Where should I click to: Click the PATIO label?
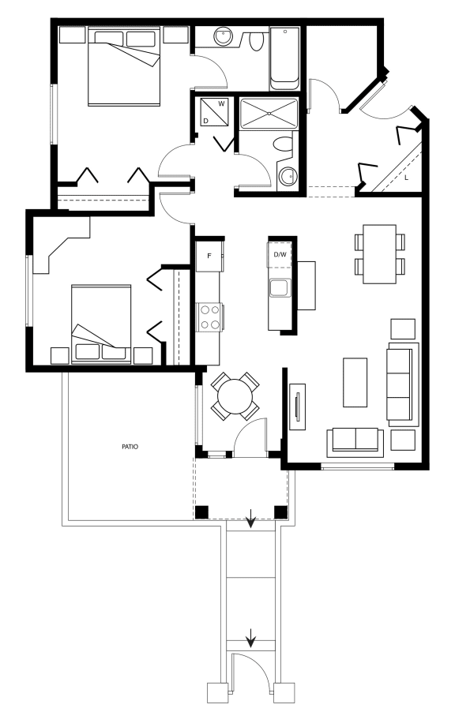click(x=130, y=447)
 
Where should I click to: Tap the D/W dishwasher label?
click(x=280, y=254)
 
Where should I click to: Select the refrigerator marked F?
click(x=209, y=256)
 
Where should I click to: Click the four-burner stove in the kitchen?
click(x=209, y=317)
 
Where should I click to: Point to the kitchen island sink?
click(x=280, y=288)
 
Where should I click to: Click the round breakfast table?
click(x=235, y=396)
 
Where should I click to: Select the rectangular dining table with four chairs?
click(x=379, y=254)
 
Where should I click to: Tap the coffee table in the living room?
click(x=355, y=382)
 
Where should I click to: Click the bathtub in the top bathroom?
click(x=284, y=59)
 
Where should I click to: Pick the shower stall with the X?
click(x=269, y=113)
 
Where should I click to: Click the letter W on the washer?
click(x=221, y=103)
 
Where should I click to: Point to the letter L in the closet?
click(x=406, y=178)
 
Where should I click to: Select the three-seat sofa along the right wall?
click(x=402, y=384)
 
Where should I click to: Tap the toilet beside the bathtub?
click(x=257, y=41)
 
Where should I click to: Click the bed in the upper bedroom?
click(x=124, y=66)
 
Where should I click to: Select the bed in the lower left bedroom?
click(x=101, y=324)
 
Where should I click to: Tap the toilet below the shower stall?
click(x=284, y=144)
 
